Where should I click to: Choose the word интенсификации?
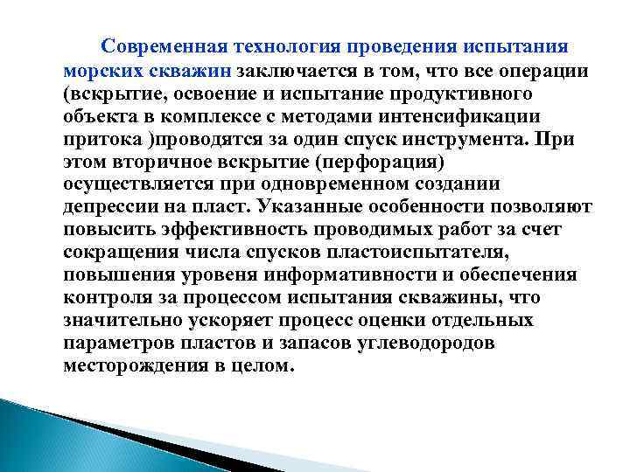coord(467,115)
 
